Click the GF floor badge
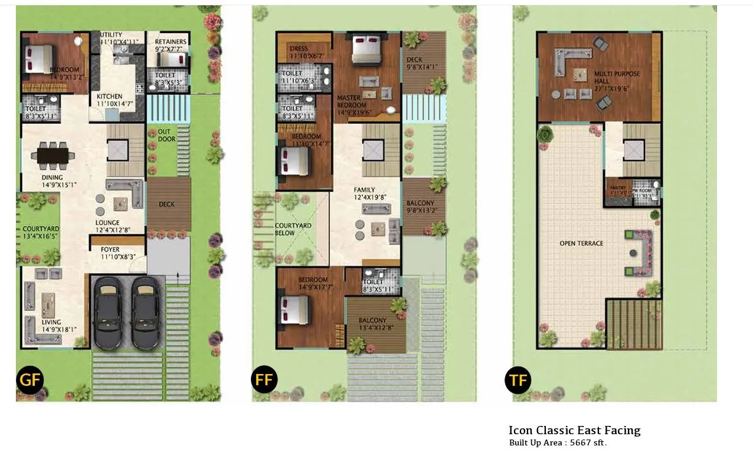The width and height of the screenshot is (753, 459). click(x=30, y=380)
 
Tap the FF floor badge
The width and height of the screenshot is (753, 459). click(x=264, y=380)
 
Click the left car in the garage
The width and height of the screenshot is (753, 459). click(x=108, y=313)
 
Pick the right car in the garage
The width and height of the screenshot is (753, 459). click(x=145, y=313)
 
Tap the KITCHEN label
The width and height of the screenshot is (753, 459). click(x=110, y=97)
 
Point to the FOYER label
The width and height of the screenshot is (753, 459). click(x=110, y=250)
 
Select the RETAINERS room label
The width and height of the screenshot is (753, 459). click(x=171, y=42)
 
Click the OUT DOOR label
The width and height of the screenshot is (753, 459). click(x=166, y=135)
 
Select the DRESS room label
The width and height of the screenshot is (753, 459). click(x=299, y=48)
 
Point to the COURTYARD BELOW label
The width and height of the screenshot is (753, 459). click(x=293, y=229)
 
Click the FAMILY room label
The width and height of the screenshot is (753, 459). click(x=364, y=190)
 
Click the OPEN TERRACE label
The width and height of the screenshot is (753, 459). click(x=581, y=243)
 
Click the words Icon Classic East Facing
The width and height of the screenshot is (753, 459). click(x=574, y=430)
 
